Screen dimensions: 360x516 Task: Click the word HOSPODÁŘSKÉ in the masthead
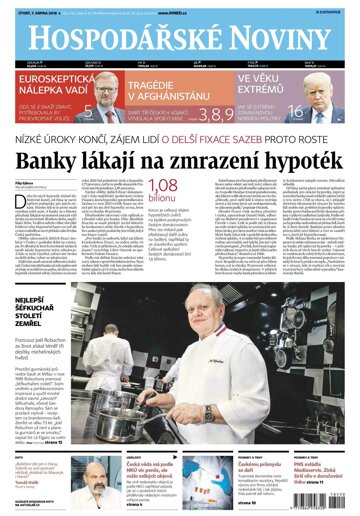point(116,39)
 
